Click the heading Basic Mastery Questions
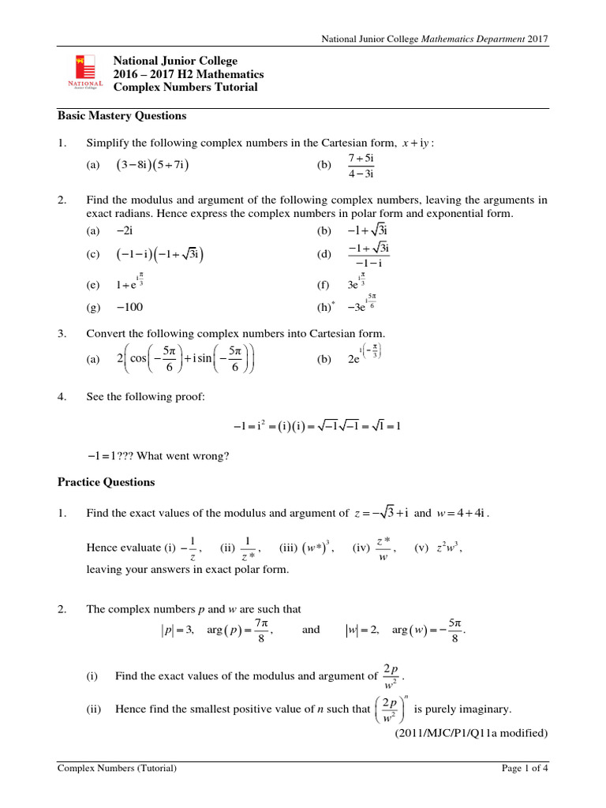tap(122, 116)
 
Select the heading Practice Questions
tap(107, 482)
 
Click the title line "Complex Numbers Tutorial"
tap(185, 88)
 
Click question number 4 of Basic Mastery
tap(62, 397)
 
